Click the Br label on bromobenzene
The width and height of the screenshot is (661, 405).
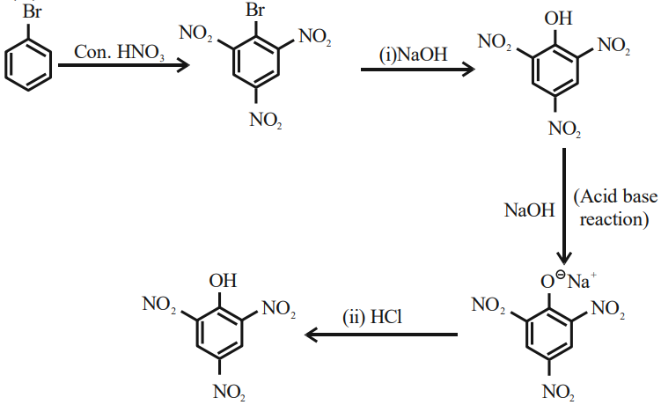(x=32, y=11)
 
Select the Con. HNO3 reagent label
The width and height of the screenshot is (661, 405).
(x=120, y=52)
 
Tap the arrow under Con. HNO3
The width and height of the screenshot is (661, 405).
(x=123, y=65)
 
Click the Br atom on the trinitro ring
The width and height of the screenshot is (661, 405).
(x=255, y=10)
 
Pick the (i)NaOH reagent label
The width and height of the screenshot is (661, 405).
(x=413, y=55)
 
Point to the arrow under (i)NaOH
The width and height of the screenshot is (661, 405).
(x=418, y=70)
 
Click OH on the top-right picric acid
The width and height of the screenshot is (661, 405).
(x=558, y=18)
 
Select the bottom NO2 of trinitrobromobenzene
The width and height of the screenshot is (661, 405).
(x=266, y=120)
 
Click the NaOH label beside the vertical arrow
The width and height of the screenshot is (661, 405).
(x=530, y=210)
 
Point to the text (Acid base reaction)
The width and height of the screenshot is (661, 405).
(x=615, y=208)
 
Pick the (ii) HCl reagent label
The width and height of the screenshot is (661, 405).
(x=372, y=317)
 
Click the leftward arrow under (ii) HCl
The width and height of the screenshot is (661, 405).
(x=381, y=335)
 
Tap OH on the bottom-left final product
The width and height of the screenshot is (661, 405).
(x=223, y=281)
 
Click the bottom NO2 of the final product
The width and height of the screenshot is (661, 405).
(x=230, y=392)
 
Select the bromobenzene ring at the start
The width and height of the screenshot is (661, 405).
(x=28, y=64)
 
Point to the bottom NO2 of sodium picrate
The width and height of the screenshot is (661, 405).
(x=559, y=392)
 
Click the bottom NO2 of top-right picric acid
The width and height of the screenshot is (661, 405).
(x=565, y=129)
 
